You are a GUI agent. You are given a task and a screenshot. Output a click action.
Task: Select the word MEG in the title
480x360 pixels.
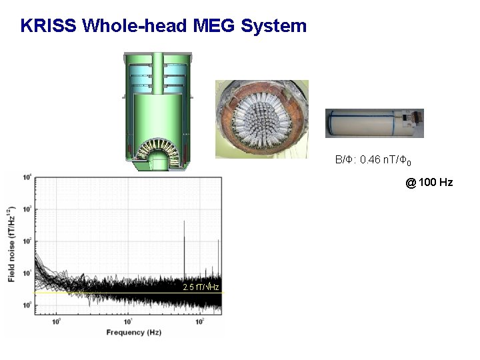coord(213,26)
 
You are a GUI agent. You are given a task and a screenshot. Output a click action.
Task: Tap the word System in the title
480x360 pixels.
coord(273,26)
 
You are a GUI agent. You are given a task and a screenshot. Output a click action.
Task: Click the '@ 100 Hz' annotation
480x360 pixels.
coord(429,182)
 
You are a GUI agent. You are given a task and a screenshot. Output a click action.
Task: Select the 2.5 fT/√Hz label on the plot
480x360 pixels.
coord(201,287)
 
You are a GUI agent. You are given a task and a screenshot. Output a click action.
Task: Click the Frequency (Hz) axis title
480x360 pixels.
coord(129,331)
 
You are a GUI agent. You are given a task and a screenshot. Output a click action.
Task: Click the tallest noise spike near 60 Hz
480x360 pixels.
coord(184,227)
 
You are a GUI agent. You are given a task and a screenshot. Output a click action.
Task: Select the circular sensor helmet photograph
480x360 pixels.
coord(262,119)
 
